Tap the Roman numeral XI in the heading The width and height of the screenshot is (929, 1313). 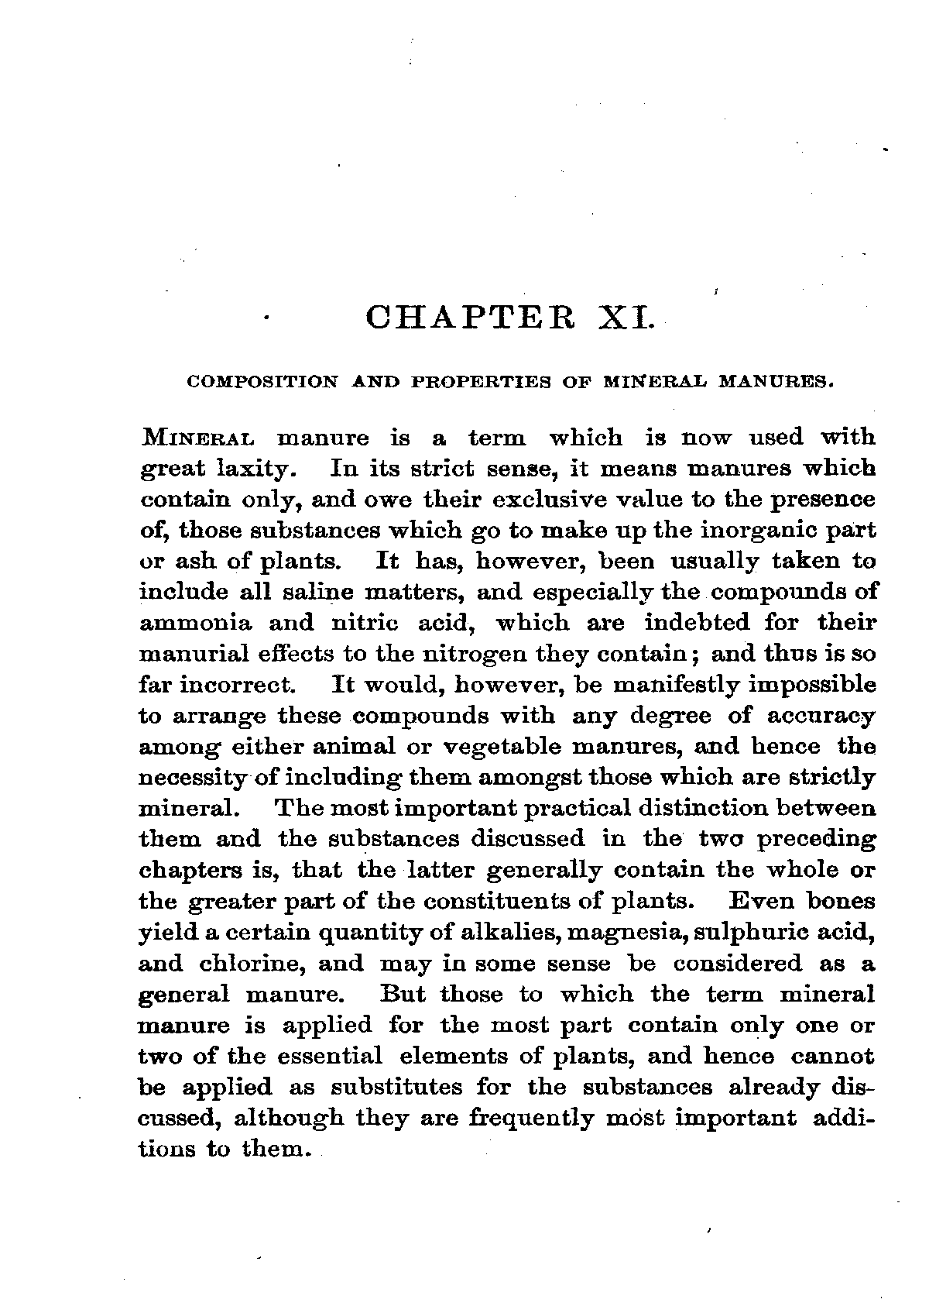(x=627, y=318)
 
